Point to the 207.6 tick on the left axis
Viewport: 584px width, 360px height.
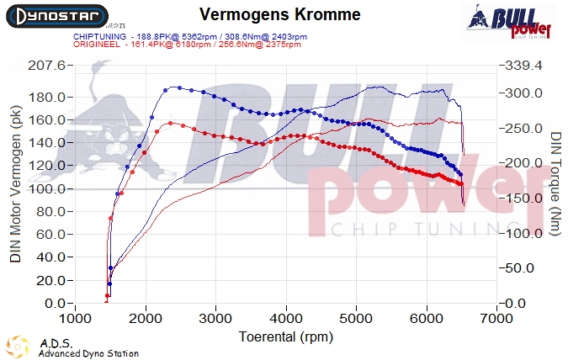pos(49,66)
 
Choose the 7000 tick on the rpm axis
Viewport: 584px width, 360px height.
pos(497,320)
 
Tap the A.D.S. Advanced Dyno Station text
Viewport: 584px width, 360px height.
pos(88,348)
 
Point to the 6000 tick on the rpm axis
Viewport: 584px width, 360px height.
pos(427,320)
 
